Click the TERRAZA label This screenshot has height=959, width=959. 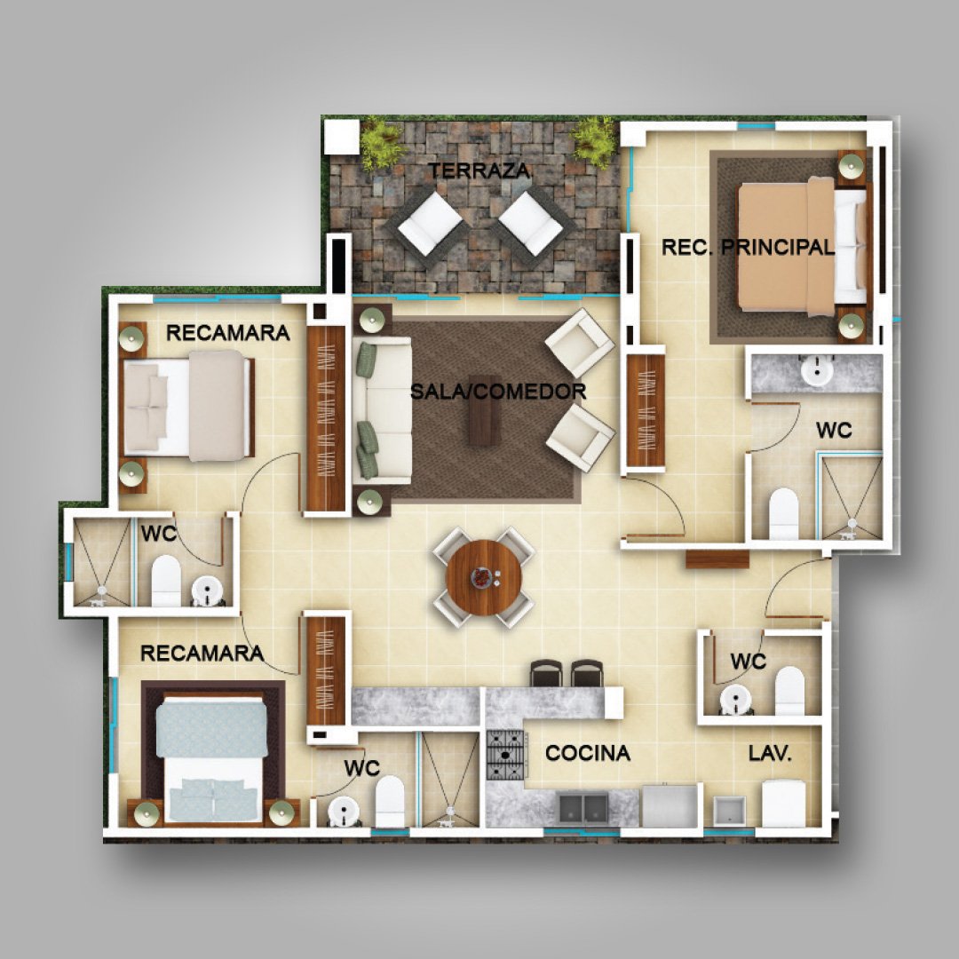pos(478,170)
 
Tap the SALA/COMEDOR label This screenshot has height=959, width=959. pos(498,392)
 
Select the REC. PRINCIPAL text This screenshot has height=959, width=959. pos(748,248)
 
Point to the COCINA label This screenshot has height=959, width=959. pos(587,754)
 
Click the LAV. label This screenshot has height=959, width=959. pos(770,754)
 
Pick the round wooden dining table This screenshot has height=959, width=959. pos(484,577)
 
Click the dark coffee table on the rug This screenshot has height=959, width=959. pos(485,410)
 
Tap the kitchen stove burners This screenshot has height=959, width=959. pos(506,755)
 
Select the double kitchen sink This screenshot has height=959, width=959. pos(583,807)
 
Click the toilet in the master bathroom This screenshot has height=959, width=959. pos(783,514)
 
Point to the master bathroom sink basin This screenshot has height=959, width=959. pos(817,369)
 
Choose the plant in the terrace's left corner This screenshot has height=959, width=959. pos(381,145)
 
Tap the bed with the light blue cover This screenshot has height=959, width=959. pos(212,762)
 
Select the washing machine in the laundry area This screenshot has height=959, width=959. pos(783,804)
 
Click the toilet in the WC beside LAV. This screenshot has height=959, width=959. pos(789,691)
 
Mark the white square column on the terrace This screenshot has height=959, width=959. pos(341,137)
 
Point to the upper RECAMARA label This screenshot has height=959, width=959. pos(228,333)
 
